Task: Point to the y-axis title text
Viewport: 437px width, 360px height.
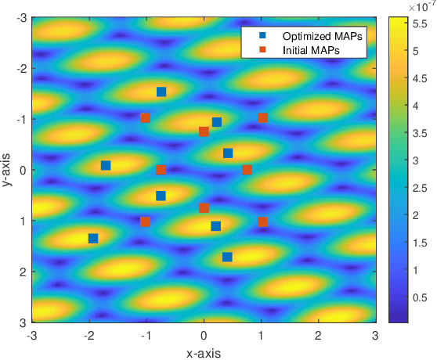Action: point(7,170)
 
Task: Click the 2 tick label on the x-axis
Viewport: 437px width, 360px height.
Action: point(318,335)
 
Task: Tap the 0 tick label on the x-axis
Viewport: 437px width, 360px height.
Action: point(204,335)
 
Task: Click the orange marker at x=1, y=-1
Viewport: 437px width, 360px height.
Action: point(262,118)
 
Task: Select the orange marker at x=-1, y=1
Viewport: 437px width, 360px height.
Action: point(145,221)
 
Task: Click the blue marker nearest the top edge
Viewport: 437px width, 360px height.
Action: point(161,92)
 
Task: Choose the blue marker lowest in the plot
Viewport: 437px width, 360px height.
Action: point(227,257)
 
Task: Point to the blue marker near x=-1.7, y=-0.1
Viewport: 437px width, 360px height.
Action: point(106,165)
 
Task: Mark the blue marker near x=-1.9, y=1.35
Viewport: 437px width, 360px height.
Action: point(93,238)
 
